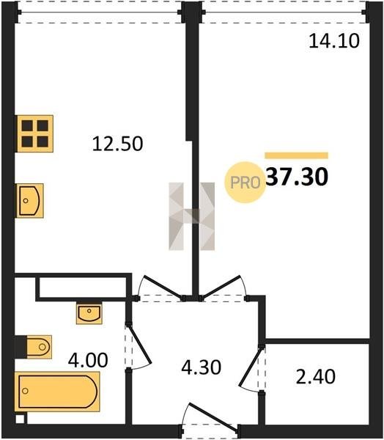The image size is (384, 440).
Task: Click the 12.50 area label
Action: pyautogui.click(x=117, y=144)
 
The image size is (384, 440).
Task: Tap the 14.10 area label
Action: pyautogui.click(x=333, y=40)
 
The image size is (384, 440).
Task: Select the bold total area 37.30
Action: pyautogui.click(x=297, y=177)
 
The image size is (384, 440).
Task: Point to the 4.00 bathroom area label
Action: pyautogui.click(x=88, y=360)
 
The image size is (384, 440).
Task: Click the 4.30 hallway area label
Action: pyautogui.click(x=201, y=367)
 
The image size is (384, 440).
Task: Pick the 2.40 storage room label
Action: pyautogui.click(x=316, y=376)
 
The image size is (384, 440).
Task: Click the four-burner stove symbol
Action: pyautogui.click(x=35, y=133)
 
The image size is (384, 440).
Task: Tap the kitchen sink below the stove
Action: pyautogui.click(x=30, y=201)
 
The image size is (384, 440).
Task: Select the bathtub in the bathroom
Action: pyautogui.click(x=57, y=392)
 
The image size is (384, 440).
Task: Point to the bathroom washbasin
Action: pyautogui.click(x=89, y=313)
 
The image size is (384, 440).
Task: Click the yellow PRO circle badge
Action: pyautogui.click(x=245, y=183)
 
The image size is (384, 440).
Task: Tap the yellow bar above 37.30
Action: pyautogui.click(x=297, y=155)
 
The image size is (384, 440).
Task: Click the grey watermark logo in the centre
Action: pyautogui.click(x=192, y=216)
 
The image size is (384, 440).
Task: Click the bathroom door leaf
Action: pyautogui.click(x=139, y=345)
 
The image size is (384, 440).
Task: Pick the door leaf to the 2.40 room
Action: pyautogui.click(x=251, y=367)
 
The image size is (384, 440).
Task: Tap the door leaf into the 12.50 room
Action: pyautogui.click(x=163, y=287)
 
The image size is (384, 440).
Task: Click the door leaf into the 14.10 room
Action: pyautogui.click(x=221, y=286)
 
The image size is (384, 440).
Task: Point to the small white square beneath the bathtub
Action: pyautogui.click(x=20, y=419)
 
